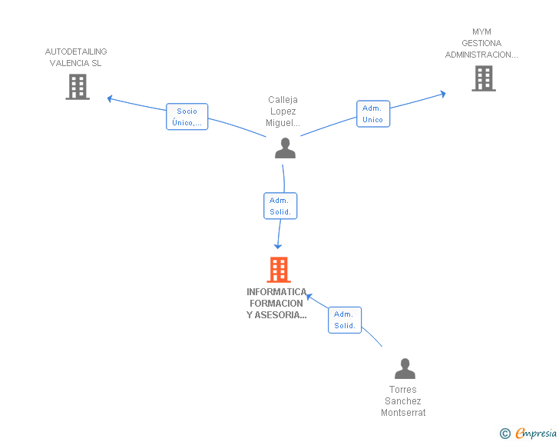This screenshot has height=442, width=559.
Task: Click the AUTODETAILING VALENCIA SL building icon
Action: click(x=78, y=87)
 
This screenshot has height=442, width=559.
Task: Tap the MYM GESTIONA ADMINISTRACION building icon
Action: click(x=483, y=78)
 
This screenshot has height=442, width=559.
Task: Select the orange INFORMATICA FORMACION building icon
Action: click(x=279, y=270)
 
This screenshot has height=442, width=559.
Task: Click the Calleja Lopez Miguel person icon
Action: click(x=285, y=148)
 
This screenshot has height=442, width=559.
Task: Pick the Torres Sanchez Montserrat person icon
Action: click(x=404, y=369)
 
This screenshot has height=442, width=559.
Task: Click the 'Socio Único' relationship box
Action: click(x=187, y=117)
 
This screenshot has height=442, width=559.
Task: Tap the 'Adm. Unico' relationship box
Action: click(x=372, y=114)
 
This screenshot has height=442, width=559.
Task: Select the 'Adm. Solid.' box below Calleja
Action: click(x=279, y=206)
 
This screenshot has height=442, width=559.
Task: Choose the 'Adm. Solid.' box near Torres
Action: click(x=344, y=320)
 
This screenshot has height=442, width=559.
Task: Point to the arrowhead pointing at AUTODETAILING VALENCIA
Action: click(x=110, y=98)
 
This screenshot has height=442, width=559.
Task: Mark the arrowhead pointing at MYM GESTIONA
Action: click(x=442, y=94)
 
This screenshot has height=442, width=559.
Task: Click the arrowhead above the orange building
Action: click(x=278, y=246)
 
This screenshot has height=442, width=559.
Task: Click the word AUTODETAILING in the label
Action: click(x=76, y=52)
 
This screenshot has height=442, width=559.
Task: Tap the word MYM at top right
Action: click(x=481, y=32)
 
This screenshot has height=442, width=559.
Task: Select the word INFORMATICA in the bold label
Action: click(x=276, y=292)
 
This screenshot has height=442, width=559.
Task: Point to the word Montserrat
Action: click(x=403, y=413)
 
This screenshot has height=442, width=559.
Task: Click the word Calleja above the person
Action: click(x=283, y=100)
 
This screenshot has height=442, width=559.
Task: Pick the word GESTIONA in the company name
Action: click(x=481, y=44)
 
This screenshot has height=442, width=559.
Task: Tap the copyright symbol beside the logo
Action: click(x=504, y=434)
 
